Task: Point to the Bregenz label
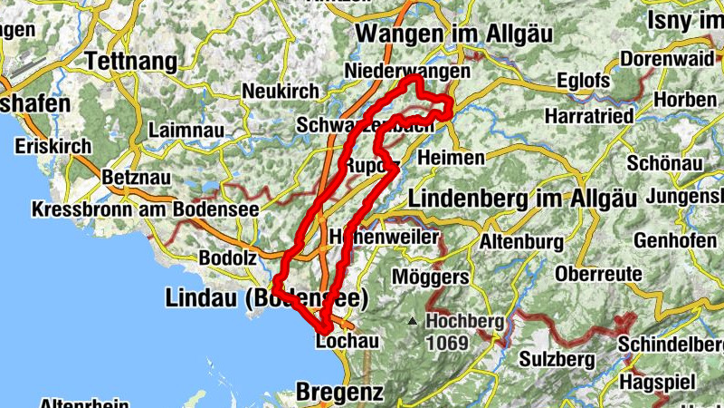click(x=339, y=393)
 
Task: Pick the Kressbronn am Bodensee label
click(x=145, y=209)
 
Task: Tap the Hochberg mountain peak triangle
click(x=413, y=320)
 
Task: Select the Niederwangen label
click(x=408, y=71)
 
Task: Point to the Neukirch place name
click(x=281, y=92)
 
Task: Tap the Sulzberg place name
click(x=557, y=358)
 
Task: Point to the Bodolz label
click(x=227, y=257)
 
